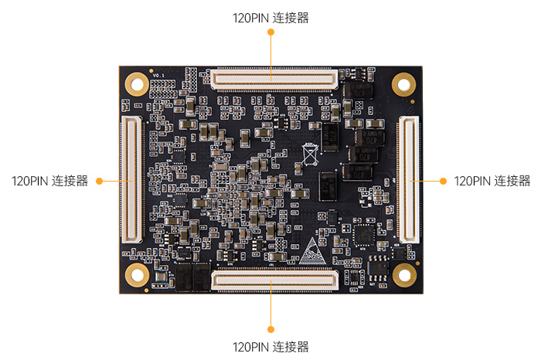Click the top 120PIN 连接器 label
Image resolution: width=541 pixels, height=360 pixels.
[x=270, y=17]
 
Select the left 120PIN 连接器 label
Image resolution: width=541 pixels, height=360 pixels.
[x=49, y=182]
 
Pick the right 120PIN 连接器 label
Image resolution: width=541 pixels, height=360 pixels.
[x=492, y=182]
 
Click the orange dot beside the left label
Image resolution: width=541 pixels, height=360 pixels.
[x=98, y=182]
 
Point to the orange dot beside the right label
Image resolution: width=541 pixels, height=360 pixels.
[x=443, y=181]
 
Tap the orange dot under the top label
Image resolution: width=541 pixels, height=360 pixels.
[x=270, y=33]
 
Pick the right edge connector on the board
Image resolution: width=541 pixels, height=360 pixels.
[x=410, y=179]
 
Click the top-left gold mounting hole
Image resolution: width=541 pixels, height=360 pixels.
[x=138, y=83]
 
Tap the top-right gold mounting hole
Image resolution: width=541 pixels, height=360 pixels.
[x=403, y=83]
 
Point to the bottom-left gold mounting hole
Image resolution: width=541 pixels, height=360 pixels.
[x=138, y=273]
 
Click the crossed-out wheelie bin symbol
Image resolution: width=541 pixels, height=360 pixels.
[x=310, y=154]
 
